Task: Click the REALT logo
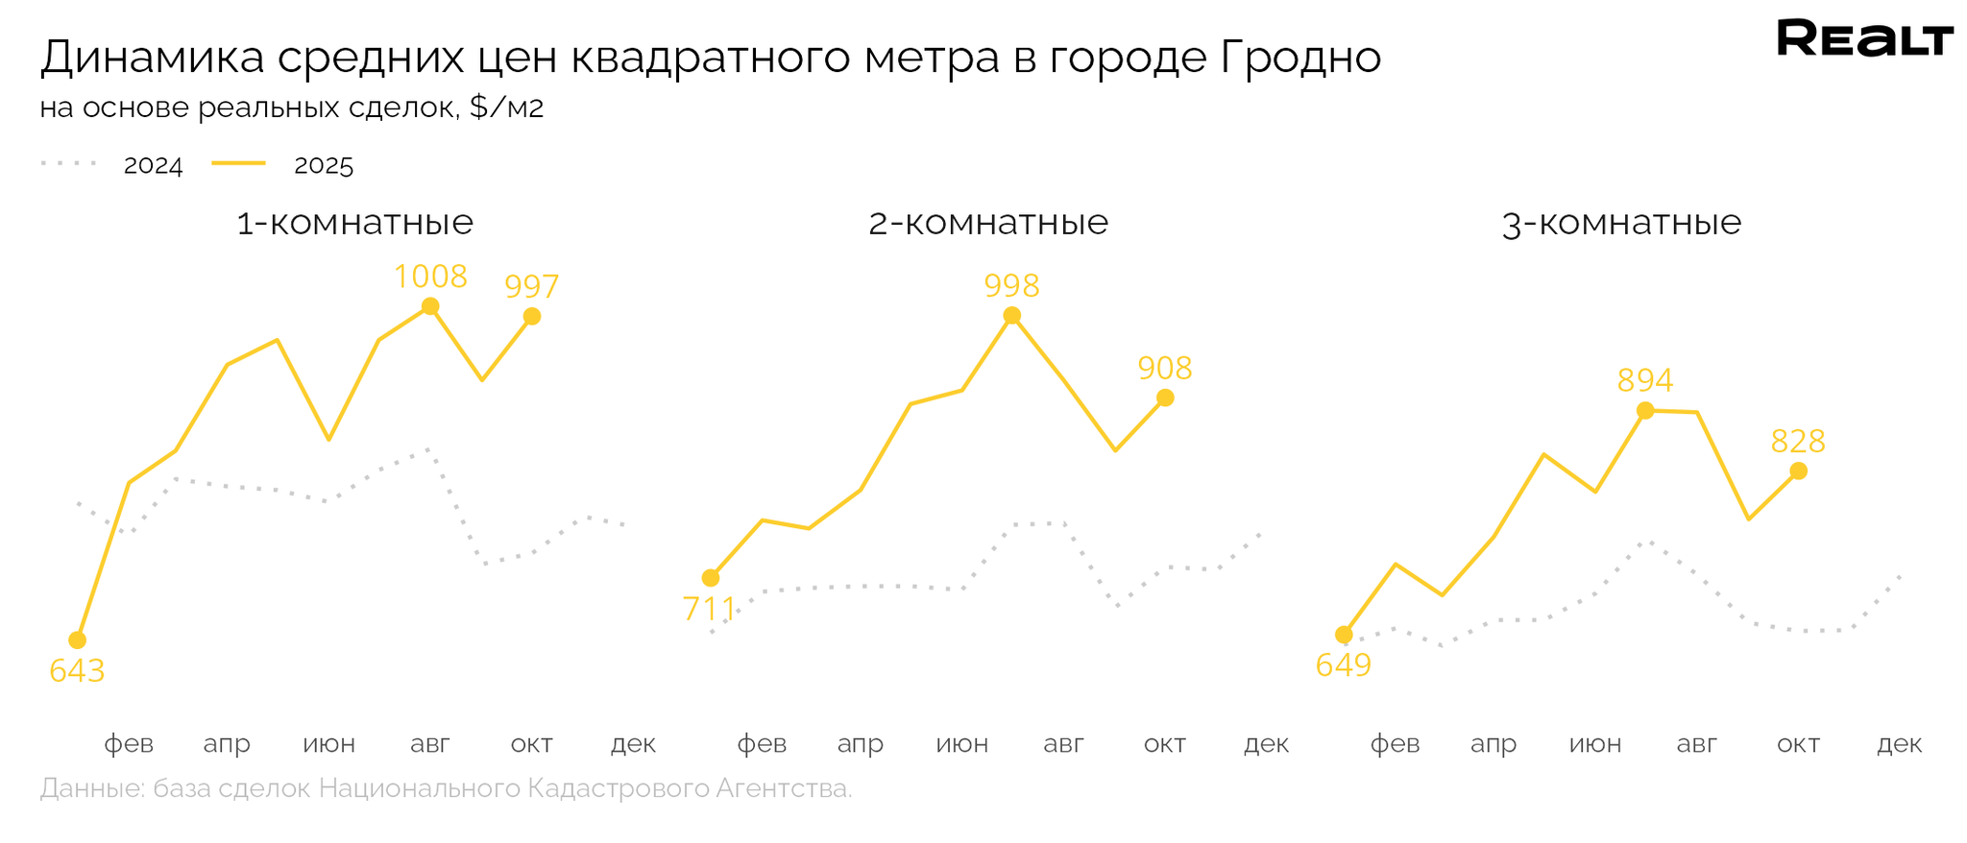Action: click(x=1864, y=39)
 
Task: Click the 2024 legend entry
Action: click(x=153, y=166)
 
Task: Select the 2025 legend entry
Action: click(x=324, y=166)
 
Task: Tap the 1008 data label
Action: click(x=430, y=277)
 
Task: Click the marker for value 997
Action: click(x=532, y=317)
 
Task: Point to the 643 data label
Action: click(x=77, y=671)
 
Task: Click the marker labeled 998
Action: click(x=1011, y=316)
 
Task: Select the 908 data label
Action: click(x=1165, y=369)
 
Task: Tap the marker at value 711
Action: click(x=711, y=578)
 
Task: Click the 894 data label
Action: click(x=1645, y=381)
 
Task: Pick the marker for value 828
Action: click(x=1799, y=471)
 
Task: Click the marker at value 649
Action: click(x=1344, y=636)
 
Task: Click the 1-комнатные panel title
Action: click(x=355, y=224)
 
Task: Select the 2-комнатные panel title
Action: click(x=988, y=224)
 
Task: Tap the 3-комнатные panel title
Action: click(x=1621, y=224)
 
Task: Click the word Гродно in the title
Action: click(x=1301, y=58)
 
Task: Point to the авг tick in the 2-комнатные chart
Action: click(x=1063, y=744)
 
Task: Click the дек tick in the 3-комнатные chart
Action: click(x=1900, y=744)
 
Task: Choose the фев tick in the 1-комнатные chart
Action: click(x=129, y=744)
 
